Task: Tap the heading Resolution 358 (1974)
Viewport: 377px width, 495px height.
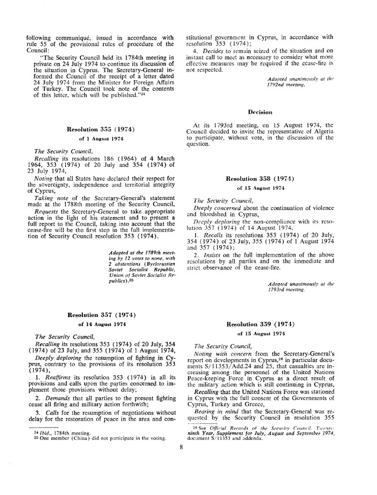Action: (266, 179)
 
